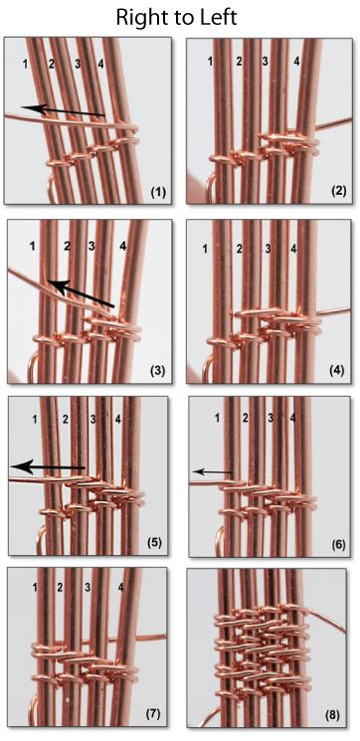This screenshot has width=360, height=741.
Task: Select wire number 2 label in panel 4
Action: [238, 246]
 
